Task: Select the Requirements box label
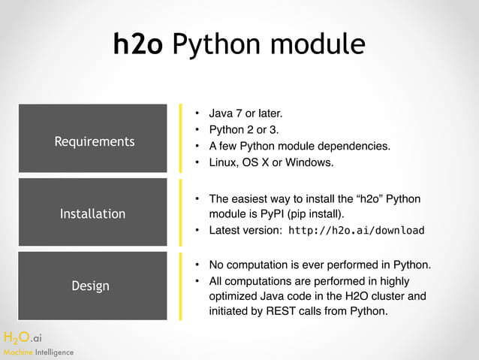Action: click(94, 141)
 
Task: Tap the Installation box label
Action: click(92, 214)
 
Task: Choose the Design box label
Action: click(90, 286)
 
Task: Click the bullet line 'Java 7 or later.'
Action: click(246, 114)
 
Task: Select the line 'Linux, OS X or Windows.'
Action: click(270, 162)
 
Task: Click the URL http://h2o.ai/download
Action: click(357, 230)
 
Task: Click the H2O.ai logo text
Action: click(24, 337)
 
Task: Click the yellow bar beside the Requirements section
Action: click(180, 138)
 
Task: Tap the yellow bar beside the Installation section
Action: click(180, 213)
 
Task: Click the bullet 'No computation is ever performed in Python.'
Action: click(319, 265)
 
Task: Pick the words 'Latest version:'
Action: click(245, 230)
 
